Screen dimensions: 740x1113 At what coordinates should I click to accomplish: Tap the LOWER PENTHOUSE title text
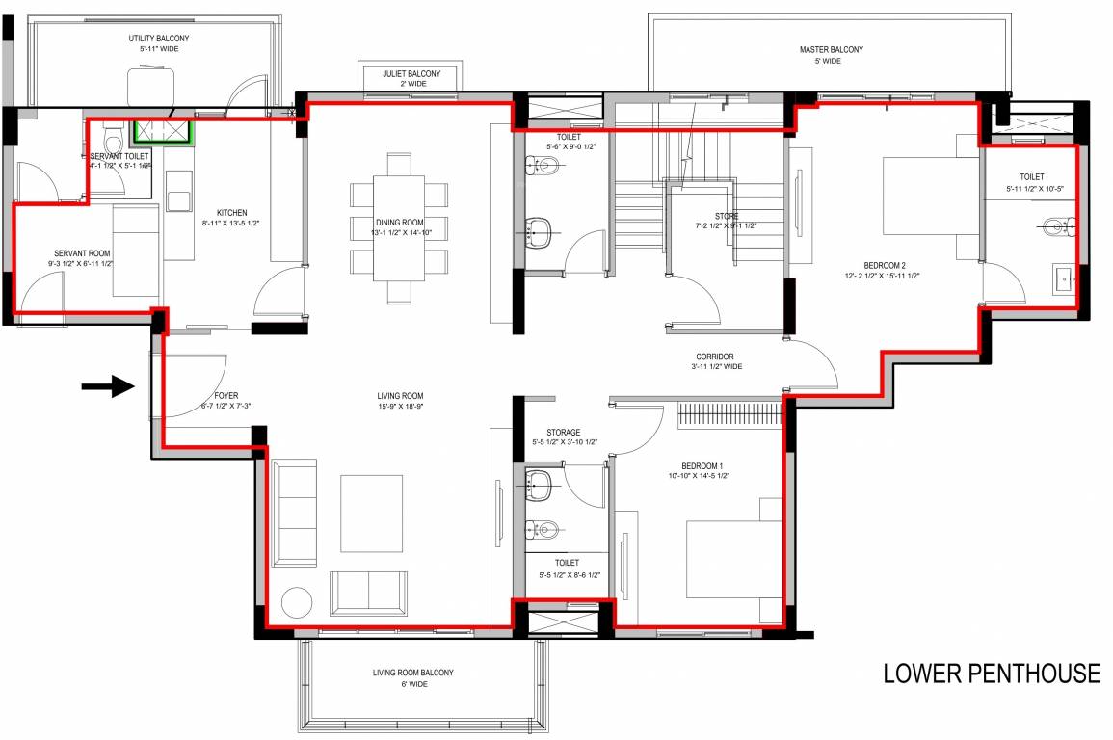click(991, 674)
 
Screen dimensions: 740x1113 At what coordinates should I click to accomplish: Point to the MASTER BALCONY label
click(831, 50)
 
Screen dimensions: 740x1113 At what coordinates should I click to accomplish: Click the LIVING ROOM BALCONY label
click(412, 673)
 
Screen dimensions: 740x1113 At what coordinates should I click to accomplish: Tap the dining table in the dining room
click(399, 228)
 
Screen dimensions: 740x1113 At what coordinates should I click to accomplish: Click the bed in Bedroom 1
click(733, 559)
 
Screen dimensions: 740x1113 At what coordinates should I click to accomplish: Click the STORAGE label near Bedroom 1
click(562, 433)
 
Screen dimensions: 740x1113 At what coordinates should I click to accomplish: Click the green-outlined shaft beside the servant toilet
click(162, 131)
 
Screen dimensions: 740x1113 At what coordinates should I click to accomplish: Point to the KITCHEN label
click(231, 213)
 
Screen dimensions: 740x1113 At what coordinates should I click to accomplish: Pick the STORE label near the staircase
click(726, 217)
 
